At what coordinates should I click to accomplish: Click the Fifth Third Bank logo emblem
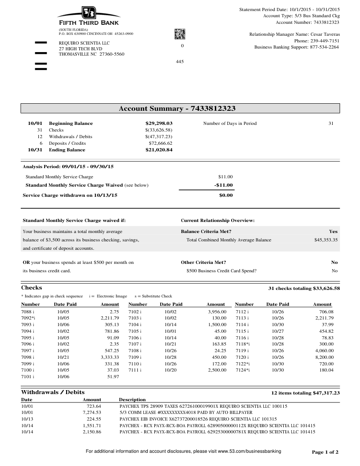(89, 13)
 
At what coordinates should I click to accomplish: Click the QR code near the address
(180, 34)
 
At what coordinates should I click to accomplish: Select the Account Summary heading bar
(180, 109)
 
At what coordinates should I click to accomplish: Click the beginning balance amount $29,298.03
(159, 124)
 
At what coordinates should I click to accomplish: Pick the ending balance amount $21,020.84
(159, 150)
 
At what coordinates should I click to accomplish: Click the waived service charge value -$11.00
(223, 185)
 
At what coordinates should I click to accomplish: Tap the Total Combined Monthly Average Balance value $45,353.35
(323, 240)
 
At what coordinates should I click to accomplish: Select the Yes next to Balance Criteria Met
(333, 231)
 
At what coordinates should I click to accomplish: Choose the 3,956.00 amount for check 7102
(217, 312)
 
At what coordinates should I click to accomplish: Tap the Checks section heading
(32, 288)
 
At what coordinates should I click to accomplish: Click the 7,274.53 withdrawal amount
(92, 412)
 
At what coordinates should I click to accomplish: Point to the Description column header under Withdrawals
(132, 399)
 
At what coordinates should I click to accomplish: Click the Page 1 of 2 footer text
(325, 452)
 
